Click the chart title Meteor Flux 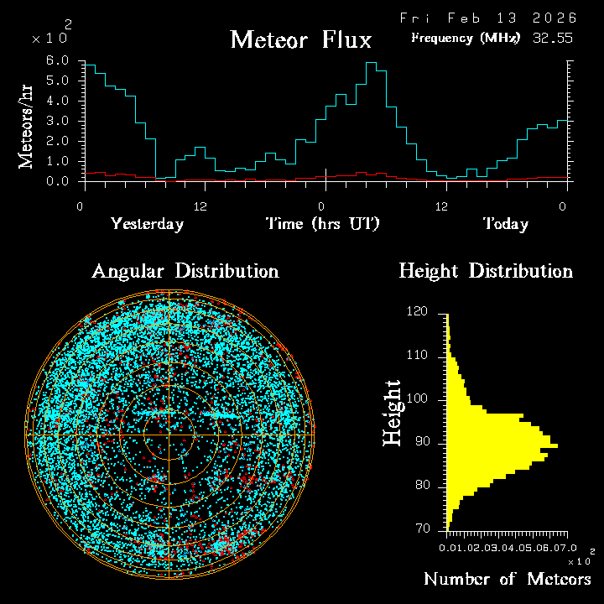[300, 39]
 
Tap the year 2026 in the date [549, 18]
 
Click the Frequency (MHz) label [466, 38]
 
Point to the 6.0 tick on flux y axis [57, 61]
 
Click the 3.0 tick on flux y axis [57, 121]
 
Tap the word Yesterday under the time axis [147, 224]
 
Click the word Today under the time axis [505, 224]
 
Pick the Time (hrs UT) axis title [323, 224]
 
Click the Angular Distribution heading [185, 272]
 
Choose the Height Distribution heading [486, 272]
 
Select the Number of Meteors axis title [507, 580]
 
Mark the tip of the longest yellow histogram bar [557, 445]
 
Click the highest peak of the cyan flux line [370, 63]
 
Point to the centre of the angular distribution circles [169, 435]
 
